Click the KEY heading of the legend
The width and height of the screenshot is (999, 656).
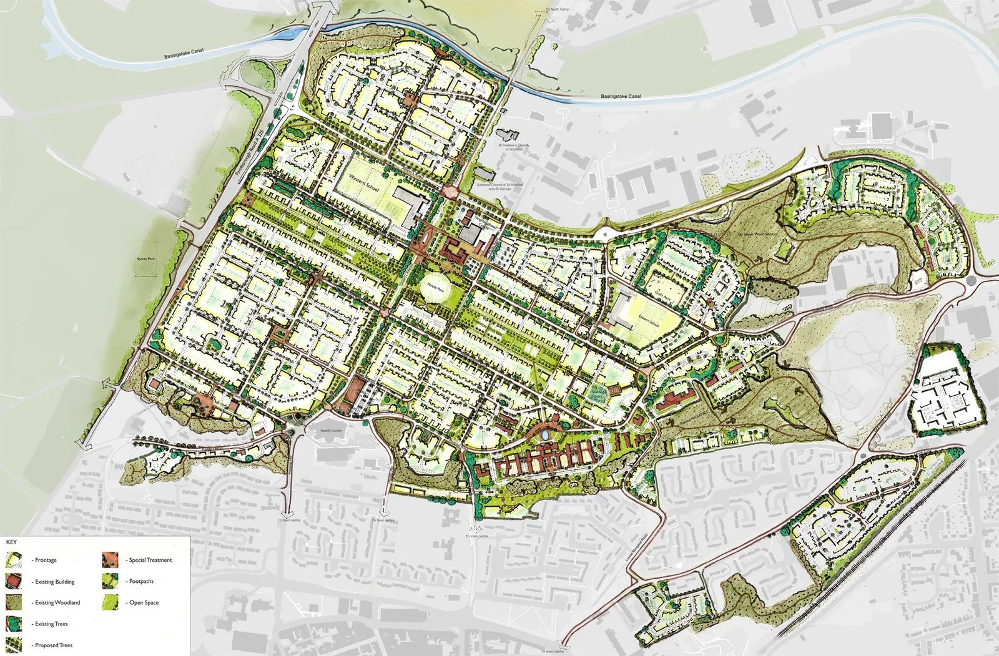(11, 542)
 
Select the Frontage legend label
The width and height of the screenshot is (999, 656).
(46, 561)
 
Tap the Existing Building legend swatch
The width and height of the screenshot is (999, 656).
(14, 582)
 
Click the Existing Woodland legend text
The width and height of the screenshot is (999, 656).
(57, 603)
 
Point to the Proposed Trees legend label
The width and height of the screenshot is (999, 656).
(54, 645)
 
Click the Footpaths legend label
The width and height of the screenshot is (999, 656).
(141, 582)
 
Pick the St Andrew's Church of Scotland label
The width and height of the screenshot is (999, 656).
(513, 147)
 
